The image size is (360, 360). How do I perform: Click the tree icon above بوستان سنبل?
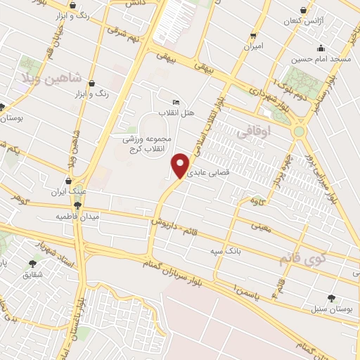(332, 297)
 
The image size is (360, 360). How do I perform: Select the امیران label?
(253, 46)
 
